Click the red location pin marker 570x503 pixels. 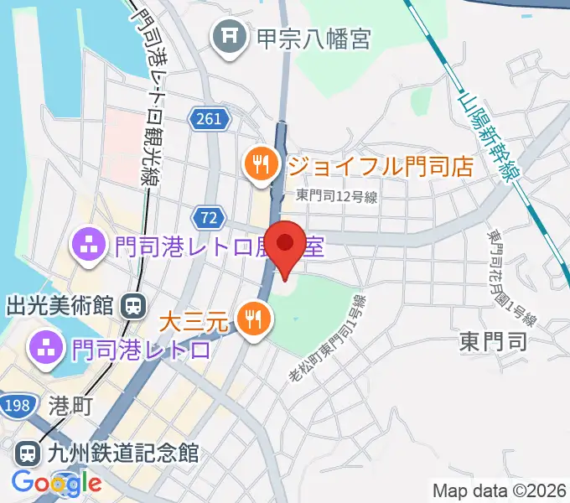click(x=285, y=244)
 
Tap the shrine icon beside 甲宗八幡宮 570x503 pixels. click(x=228, y=38)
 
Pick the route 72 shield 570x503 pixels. click(x=209, y=218)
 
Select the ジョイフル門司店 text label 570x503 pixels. click(x=381, y=163)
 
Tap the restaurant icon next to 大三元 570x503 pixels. click(x=251, y=318)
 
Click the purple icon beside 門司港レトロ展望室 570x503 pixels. click(x=87, y=246)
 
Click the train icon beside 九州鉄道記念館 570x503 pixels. click(x=28, y=454)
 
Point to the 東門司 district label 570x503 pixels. click(x=493, y=341)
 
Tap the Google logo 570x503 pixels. click(x=57, y=483)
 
